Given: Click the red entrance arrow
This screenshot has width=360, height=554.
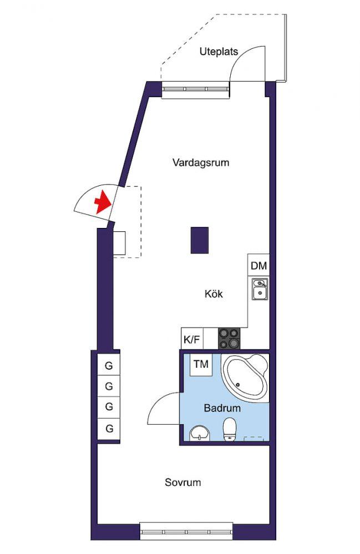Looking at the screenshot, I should (x=102, y=202).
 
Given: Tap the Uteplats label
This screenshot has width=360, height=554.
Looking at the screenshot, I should (x=219, y=52).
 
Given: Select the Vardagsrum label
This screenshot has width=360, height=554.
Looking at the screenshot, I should (x=200, y=163).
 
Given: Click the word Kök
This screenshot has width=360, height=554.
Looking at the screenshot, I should (x=214, y=294).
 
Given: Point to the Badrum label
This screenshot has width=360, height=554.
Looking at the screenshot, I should (x=222, y=409).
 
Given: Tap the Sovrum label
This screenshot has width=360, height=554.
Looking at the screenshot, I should (x=182, y=482).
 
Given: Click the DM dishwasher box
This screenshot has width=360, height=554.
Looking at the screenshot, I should (x=258, y=266).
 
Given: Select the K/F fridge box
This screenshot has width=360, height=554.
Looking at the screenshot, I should (x=192, y=338).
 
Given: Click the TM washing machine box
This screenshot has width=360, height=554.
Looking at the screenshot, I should (x=201, y=364).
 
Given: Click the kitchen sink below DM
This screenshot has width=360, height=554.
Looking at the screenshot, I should (x=259, y=290).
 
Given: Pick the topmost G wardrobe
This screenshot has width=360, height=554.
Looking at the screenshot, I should (x=109, y=365).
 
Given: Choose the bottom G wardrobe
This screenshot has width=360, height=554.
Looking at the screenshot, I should (x=109, y=428).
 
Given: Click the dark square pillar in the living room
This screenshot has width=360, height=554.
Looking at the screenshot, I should (x=199, y=240).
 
